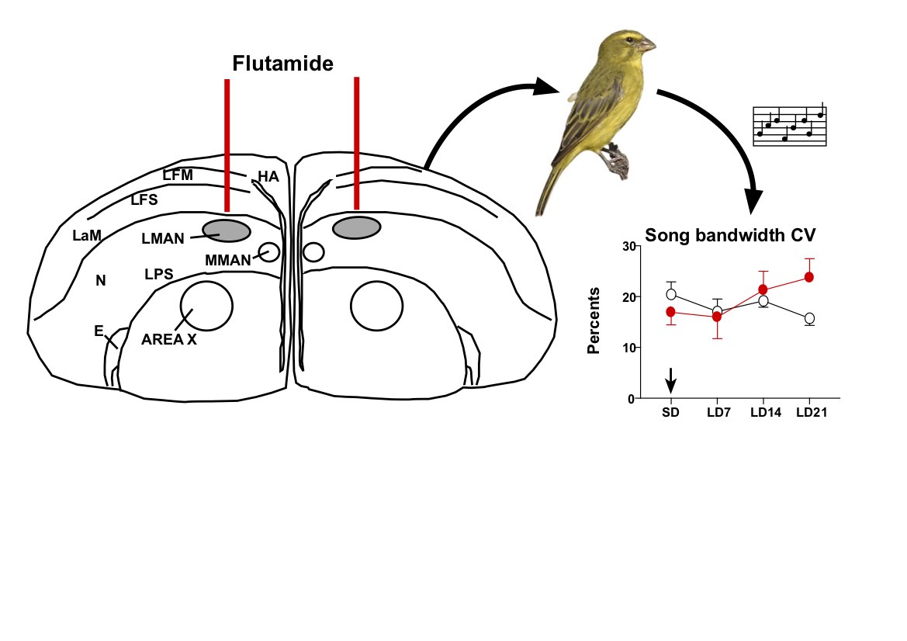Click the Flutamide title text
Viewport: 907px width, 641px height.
[283, 63]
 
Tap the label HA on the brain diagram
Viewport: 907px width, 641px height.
[268, 177]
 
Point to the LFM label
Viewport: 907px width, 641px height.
[178, 175]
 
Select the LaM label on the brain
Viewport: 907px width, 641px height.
[87, 234]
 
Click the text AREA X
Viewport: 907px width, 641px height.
[169, 338]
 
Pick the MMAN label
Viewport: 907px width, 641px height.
[228, 260]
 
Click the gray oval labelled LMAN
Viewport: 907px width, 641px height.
[226, 230]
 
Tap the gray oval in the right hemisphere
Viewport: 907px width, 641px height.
[356, 227]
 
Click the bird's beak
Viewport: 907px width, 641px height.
[648, 46]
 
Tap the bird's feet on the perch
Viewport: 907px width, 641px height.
[617, 163]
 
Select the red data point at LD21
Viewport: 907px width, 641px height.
[809, 277]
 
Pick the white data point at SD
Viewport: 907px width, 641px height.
[671, 294]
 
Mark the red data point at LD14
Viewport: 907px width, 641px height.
[763, 289]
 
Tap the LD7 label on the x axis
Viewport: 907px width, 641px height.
[718, 413]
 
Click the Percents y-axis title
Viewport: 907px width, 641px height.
[594, 320]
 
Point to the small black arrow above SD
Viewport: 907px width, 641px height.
[671, 379]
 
